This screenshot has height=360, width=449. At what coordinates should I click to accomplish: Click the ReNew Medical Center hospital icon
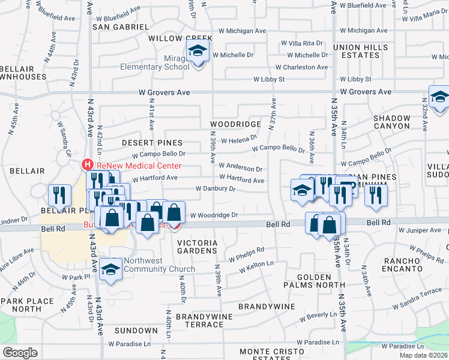pyautogui.click(x=88, y=164)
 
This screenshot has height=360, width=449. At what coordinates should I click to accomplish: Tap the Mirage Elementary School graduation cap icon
pyautogui.click(x=196, y=52)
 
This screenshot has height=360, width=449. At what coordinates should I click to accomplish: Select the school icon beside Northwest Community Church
pyautogui.click(x=111, y=269)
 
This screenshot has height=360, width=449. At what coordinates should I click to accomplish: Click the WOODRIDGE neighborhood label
pyautogui.click(x=235, y=124)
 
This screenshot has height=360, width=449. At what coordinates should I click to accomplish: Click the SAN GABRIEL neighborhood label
pyautogui.click(x=120, y=28)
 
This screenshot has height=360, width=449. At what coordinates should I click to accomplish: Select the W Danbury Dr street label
pyautogui.click(x=215, y=189)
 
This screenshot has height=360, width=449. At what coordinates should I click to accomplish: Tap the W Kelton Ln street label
pyautogui.click(x=256, y=266)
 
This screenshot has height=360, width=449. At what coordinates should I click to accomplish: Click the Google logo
pyautogui.click(x=20, y=353)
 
